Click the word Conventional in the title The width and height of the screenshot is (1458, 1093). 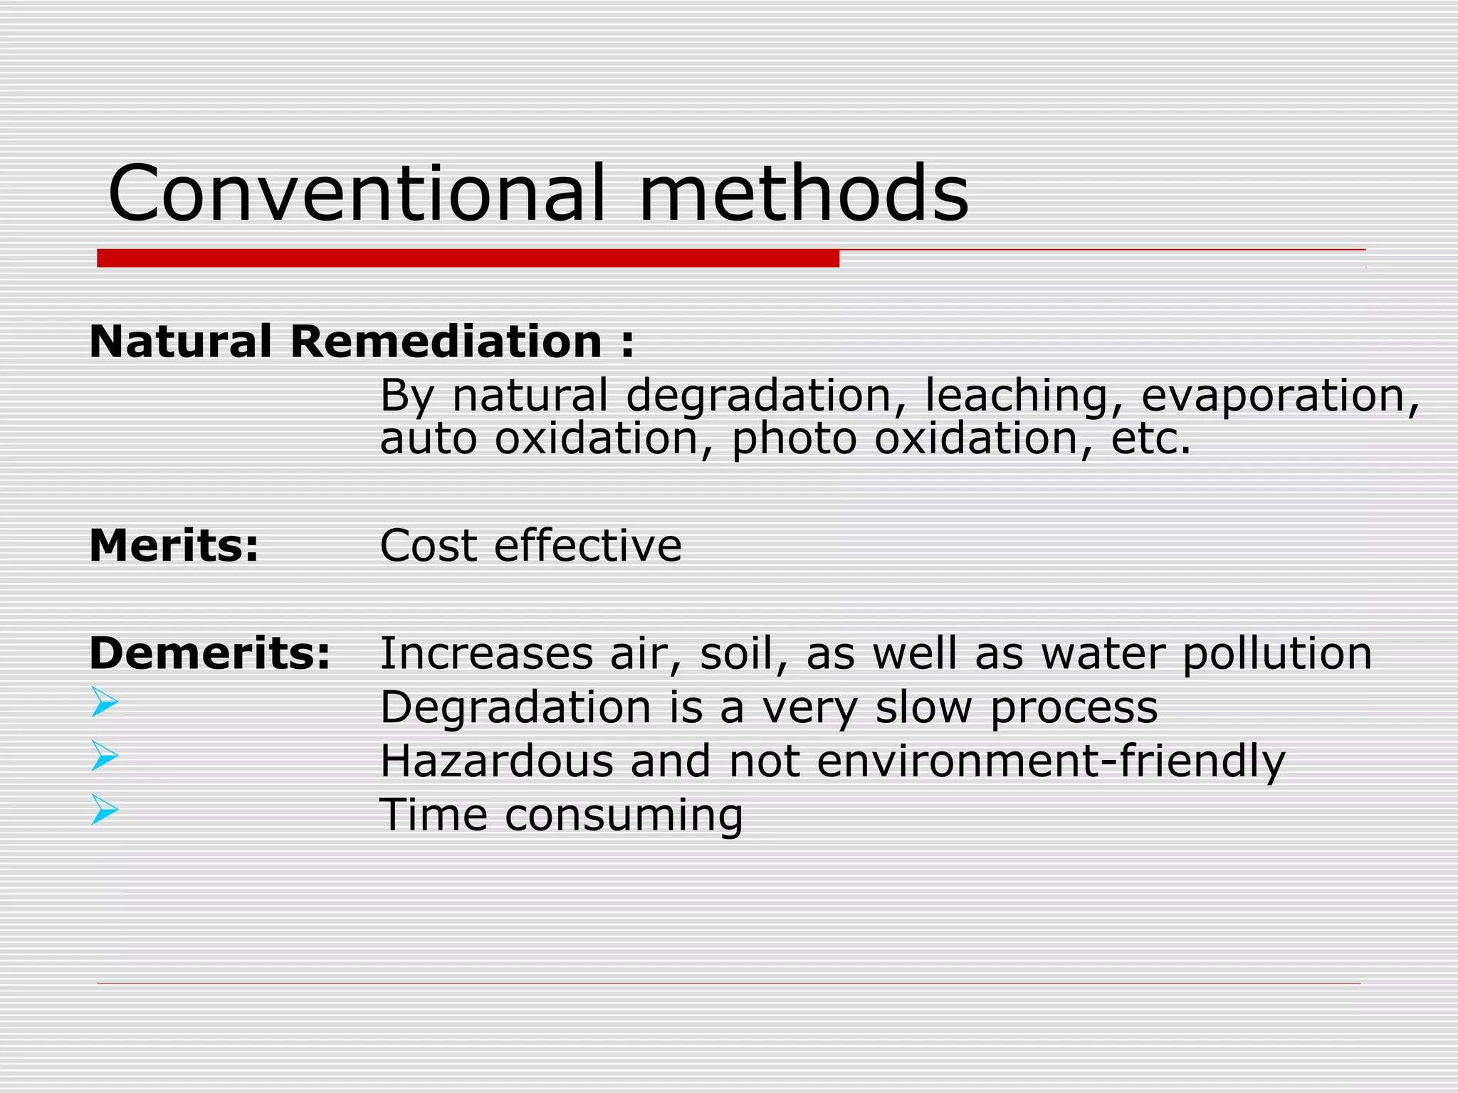pyautogui.click(x=357, y=194)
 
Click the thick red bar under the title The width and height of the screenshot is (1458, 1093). pyautogui.click(x=468, y=258)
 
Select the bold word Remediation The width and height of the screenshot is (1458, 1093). pyautogui.click(x=446, y=342)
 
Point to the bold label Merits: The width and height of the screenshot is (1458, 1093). pyautogui.click(x=174, y=546)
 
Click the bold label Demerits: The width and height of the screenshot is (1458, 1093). pyautogui.click(x=210, y=653)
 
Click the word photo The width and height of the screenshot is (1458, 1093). pyautogui.click(x=794, y=439)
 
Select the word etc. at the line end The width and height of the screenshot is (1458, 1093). pyautogui.click(x=1150, y=439)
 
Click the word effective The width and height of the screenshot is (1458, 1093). pyautogui.click(x=587, y=546)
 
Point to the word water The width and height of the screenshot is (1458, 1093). pyautogui.click(x=1103, y=654)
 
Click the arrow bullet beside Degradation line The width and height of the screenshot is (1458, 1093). pyautogui.click(x=105, y=702)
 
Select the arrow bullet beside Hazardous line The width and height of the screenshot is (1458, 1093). pyautogui.click(x=105, y=756)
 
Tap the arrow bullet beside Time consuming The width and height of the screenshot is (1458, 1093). pyautogui.click(x=105, y=810)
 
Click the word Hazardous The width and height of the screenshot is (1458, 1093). pyautogui.click(x=496, y=761)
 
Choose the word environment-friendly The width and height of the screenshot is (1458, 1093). pyautogui.click(x=1051, y=761)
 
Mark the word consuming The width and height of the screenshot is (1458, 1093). pyautogui.click(x=624, y=815)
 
